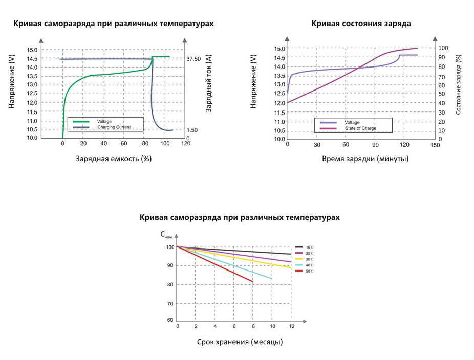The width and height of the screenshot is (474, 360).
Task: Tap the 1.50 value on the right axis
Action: pyautogui.click(x=192, y=130)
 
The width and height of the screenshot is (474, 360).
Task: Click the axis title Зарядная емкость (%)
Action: pyautogui.click(x=114, y=159)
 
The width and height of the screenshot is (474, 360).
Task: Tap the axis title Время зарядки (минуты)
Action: pyautogui.click(x=365, y=159)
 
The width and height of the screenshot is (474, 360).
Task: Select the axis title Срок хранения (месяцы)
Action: pyautogui.click(x=240, y=342)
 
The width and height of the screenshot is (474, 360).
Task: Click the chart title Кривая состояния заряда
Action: pyautogui.click(x=361, y=24)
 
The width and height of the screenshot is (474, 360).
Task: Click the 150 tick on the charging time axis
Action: pyautogui.click(x=435, y=145)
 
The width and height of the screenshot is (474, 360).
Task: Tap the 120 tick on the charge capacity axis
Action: pyautogui.click(x=185, y=144)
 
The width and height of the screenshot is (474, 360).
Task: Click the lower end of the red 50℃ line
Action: pyautogui.click(x=252, y=282)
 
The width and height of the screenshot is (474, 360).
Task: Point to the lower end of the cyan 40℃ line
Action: pyautogui.click(x=272, y=279)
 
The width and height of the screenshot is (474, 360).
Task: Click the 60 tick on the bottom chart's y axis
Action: pyautogui.click(x=170, y=321)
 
